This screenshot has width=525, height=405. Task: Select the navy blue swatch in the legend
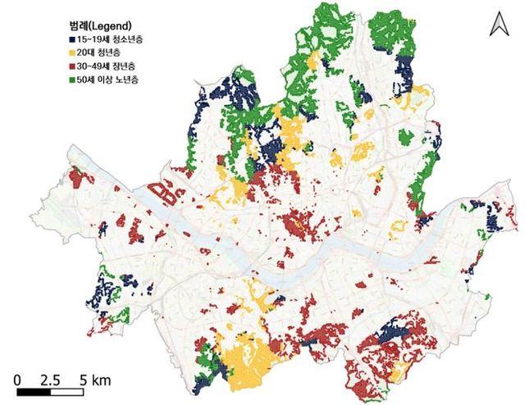tap(74, 39)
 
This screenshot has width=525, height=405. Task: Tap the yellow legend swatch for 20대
tap(74, 53)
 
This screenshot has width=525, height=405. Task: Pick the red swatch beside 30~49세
tap(74, 67)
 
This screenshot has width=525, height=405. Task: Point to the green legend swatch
tap(74, 81)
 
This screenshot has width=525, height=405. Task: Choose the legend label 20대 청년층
tap(103, 53)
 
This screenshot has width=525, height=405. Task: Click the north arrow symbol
tap(498, 25)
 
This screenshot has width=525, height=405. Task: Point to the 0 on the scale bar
tap(17, 380)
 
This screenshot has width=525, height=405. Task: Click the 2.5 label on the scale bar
tap(50, 380)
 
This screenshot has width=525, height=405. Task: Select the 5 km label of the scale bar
tap(94, 380)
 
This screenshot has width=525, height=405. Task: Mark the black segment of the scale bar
tap(34, 393)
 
